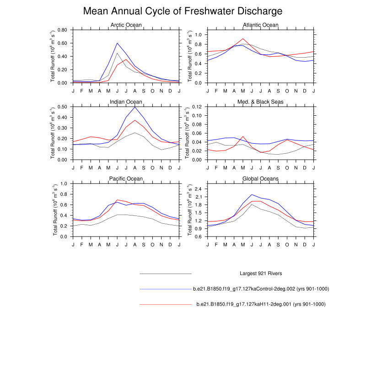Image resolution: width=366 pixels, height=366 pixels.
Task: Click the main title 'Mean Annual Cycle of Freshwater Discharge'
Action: click(x=183, y=11)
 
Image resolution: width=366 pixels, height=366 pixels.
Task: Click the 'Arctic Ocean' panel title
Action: click(x=126, y=25)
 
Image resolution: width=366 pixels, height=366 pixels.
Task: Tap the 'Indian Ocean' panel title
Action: click(x=126, y=102)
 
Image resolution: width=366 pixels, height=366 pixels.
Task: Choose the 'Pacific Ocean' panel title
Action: click(x=126, y=178)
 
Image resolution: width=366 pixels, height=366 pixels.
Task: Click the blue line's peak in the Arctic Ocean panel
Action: click(x=117, y=43)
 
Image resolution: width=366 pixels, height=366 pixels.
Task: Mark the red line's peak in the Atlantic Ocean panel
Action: click(x=243, y=38)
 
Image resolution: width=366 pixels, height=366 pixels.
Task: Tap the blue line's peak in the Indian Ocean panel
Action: click(x=135, y=107)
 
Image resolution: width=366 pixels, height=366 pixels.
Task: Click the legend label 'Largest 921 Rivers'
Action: click(x=260, y=274)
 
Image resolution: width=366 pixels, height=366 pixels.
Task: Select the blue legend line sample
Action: click(x=165, y=289)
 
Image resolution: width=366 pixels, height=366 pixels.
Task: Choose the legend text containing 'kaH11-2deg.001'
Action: click(x=260, y=304)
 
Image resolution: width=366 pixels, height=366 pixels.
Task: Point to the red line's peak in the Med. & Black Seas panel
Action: click(x=243, y=136)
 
